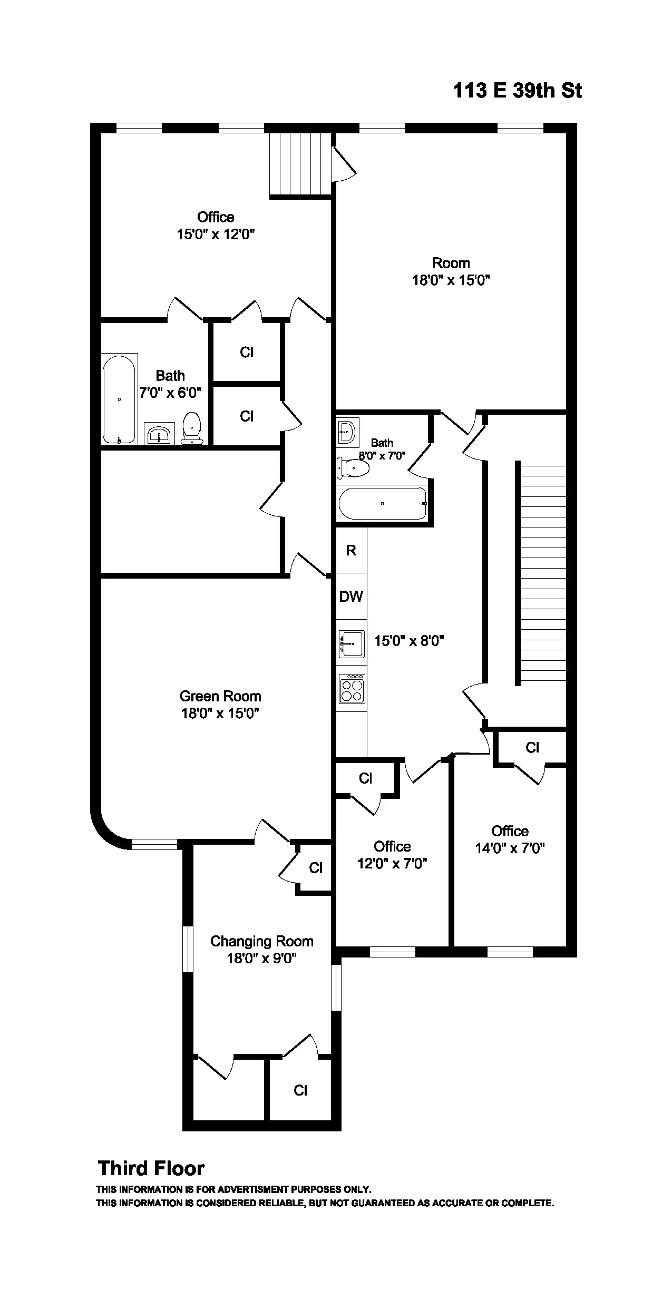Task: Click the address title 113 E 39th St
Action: pos(517,91)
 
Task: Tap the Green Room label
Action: pos(220,696)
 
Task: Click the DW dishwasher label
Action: pos(351,597)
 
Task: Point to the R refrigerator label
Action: pos(351,551)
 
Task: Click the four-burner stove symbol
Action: pos(352,689)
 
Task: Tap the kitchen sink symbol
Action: pos(352,644)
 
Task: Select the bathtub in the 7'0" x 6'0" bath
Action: pos(119,399)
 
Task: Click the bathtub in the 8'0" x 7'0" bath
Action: pos(383,503)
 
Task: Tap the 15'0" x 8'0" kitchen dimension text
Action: pos(409,641)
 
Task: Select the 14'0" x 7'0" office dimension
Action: pos(510,848)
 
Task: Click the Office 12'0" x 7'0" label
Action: pos(392,855)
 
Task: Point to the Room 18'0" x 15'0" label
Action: pos(451,271)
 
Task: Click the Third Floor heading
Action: pos(151,1169)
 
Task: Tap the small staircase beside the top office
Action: pos(300,164)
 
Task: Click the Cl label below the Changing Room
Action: pos(300,1090)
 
